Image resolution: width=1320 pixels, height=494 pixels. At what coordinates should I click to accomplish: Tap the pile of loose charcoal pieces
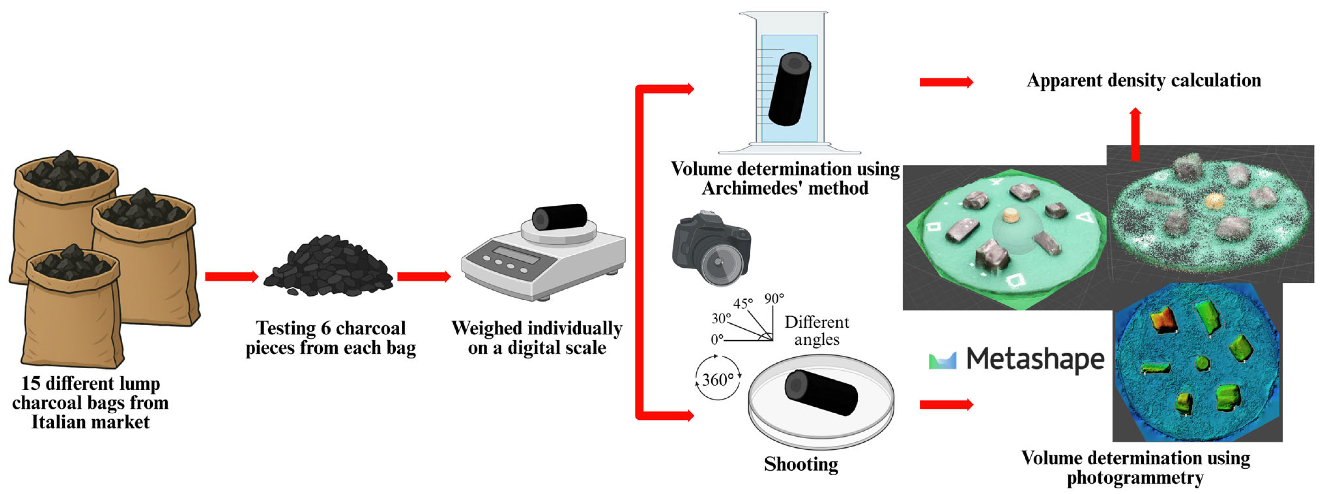click(328, 266)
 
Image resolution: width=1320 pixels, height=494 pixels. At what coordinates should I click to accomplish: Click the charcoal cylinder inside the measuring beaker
click(789, 89)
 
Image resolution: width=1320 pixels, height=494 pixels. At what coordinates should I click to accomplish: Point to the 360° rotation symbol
click(717, 380)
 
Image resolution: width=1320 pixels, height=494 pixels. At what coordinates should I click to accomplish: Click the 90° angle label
click(774, 299)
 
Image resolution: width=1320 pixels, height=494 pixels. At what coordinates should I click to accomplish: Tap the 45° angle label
click(743, 303)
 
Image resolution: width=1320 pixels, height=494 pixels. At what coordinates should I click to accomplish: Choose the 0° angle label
click(717, 339)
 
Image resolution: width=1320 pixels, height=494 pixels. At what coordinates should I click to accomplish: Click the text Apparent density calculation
click(1144, 80)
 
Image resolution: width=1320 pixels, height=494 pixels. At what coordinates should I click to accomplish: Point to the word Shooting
click(801, 464)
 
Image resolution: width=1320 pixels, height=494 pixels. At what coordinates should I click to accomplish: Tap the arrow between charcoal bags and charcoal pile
click(232, 277)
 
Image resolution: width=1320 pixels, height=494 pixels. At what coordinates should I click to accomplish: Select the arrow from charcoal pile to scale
click(424, 277)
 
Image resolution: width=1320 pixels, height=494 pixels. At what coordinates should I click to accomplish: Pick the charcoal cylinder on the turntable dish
click(821, 392)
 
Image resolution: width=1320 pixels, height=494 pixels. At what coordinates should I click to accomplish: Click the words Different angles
click(817, 330)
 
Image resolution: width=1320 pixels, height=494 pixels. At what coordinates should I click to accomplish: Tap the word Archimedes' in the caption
click(743, 188)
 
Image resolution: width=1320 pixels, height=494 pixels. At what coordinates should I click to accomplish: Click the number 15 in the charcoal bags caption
click(30, 383)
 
